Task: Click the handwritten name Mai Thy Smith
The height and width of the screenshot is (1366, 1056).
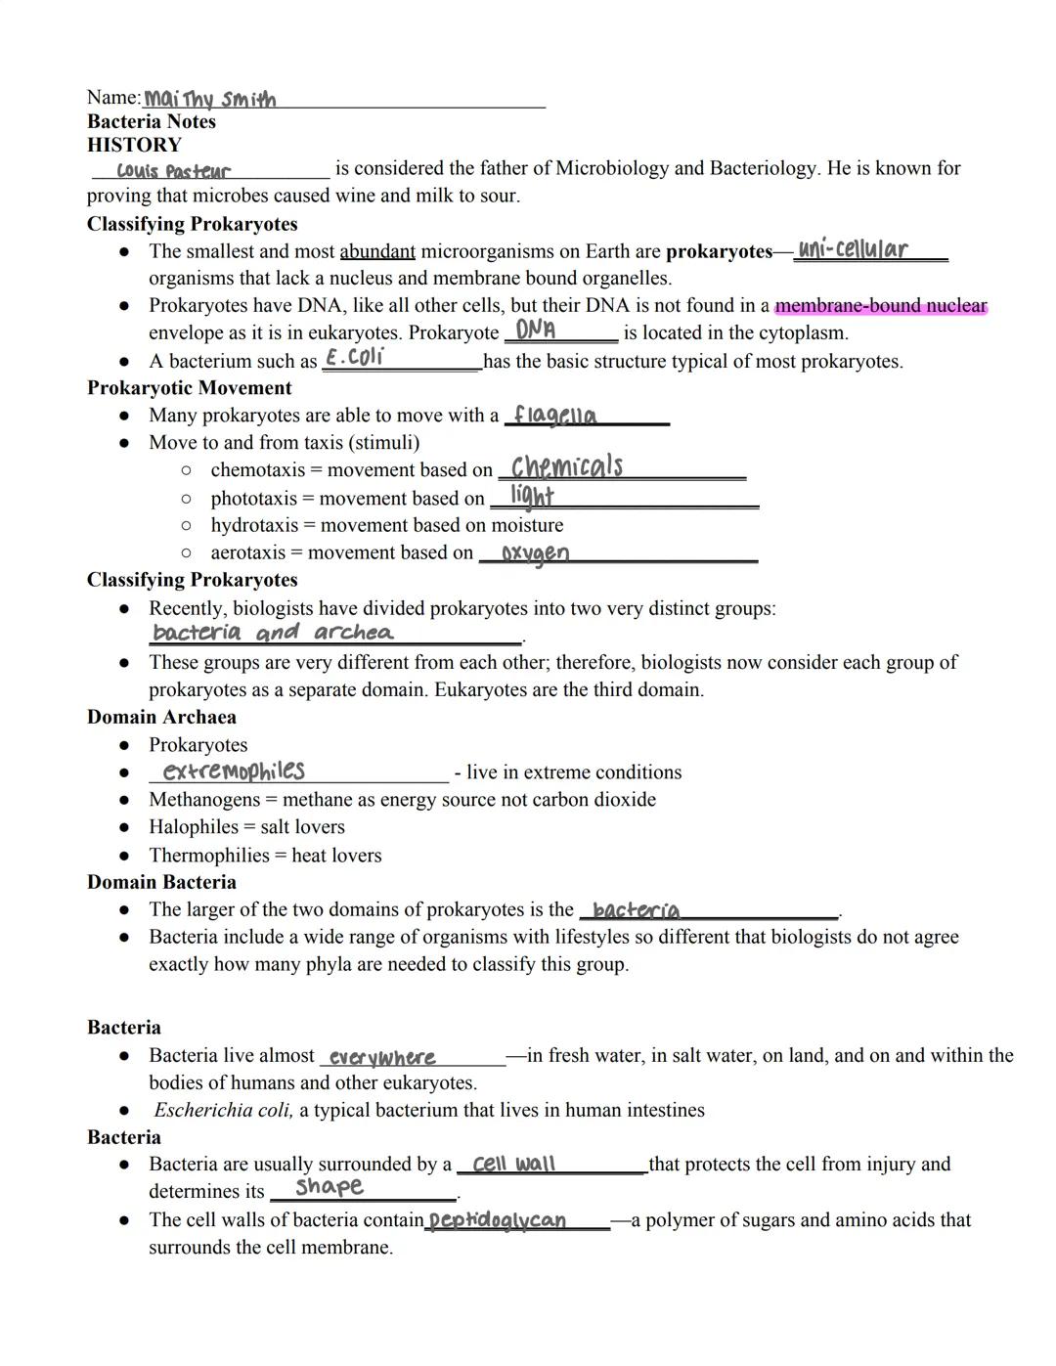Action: [x=210, y=99]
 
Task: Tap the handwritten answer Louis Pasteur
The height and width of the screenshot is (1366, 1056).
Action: [x=174, y=171]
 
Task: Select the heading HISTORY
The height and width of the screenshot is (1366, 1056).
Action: [x=134, y=145]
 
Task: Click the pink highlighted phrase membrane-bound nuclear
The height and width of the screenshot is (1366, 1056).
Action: [x=881, y=306]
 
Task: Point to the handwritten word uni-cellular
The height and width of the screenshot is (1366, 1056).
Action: [x=853, y=249]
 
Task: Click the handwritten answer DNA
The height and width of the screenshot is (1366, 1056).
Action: [x=536, y=330]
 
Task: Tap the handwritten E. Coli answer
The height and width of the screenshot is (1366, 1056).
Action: [x=355, y=357]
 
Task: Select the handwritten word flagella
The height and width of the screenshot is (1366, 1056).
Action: [x=555, y=416]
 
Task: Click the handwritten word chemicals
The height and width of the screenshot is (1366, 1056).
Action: [x=567, y=466]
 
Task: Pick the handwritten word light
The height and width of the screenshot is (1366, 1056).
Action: [x=532, y=496]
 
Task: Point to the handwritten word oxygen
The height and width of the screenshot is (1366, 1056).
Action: [x=535, y=553]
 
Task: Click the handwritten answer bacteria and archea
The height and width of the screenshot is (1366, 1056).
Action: [x=274, y=633]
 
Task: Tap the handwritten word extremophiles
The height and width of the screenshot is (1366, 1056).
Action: [x=234, y=771]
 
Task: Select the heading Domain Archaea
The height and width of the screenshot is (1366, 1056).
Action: [x=161, y=717]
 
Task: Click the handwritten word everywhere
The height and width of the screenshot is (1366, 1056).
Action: [x=382, y=1057]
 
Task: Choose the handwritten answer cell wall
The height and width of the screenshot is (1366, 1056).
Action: [x=513, y=1164]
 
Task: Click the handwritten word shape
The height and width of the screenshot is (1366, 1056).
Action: [x=330, y=1187]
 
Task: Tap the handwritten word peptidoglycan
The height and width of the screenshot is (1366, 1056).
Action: [x=498, y=1220]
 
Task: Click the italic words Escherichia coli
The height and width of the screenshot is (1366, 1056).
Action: [x=223, y=1110]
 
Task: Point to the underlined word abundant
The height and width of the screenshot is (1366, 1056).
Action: [x=377, y=251]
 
